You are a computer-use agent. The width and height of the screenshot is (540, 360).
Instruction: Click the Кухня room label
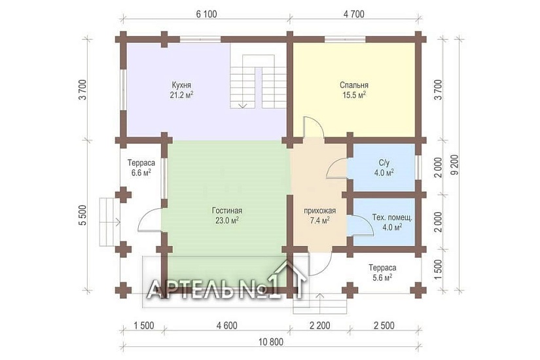(181, 84)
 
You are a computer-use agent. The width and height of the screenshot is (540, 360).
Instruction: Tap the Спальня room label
(354, 84)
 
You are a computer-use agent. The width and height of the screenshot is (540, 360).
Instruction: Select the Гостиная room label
(227, 211)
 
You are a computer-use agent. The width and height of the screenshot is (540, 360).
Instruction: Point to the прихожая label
(319, 211)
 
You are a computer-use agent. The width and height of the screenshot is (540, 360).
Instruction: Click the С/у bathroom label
(384, 163)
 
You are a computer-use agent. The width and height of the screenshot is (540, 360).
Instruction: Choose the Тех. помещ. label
(392, 218)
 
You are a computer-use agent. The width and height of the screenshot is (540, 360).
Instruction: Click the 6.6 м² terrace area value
(141, 173)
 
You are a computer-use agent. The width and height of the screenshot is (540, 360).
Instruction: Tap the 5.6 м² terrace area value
(382, 278)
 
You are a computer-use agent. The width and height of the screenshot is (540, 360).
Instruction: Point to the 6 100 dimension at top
(207, 14)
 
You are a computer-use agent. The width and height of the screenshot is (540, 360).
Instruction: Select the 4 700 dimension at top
(353, 14)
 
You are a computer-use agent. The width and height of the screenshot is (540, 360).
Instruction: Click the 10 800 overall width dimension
(271, 342)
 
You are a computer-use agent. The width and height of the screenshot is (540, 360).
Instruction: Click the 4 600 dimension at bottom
(226, 325)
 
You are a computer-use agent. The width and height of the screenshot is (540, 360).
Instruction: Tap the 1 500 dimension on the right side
(437, 270)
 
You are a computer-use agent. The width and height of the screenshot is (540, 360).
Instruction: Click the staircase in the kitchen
(258, 81)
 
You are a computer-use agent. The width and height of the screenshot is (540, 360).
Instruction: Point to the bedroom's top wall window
(346, 39)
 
